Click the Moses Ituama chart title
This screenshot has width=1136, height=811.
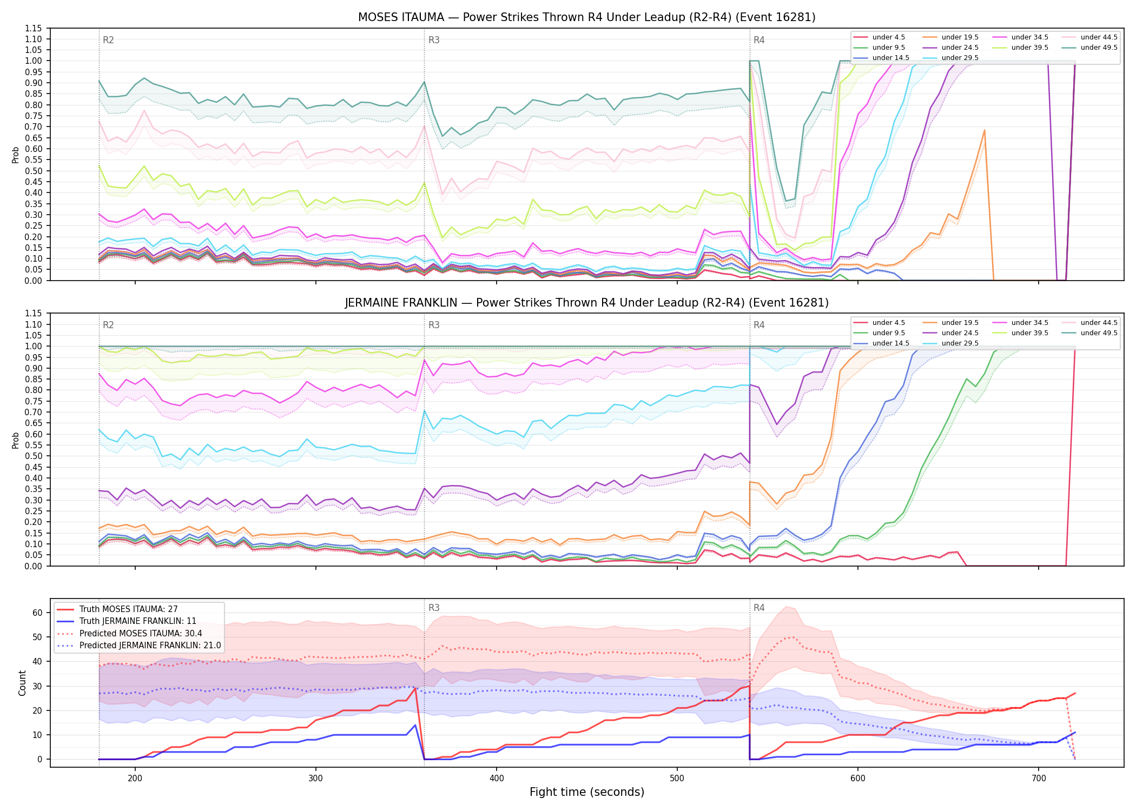click(587, 17)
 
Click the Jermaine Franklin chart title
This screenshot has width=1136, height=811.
click(587, 303)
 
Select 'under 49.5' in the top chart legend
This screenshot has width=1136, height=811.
click(1099, 48)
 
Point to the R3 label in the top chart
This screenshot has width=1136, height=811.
click(434, 40)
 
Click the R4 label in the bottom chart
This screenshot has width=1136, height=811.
click(759, 608)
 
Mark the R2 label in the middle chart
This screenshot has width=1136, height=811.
click(108, 325)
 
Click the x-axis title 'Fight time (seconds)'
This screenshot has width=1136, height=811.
click(587, 792)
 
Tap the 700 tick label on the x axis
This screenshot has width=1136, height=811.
click(1039, 779)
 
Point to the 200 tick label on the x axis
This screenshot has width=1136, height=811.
click(135, 779)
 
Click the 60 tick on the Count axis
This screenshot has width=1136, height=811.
click(37, 613)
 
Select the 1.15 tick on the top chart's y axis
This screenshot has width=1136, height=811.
click(34, 28)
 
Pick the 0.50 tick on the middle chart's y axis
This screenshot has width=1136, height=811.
click(34, 456)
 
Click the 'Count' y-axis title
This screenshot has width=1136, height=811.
click(22, 683)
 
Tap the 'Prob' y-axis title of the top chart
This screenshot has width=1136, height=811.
click(16, 155)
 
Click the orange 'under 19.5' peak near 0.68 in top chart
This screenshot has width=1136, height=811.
click(984, 130)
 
